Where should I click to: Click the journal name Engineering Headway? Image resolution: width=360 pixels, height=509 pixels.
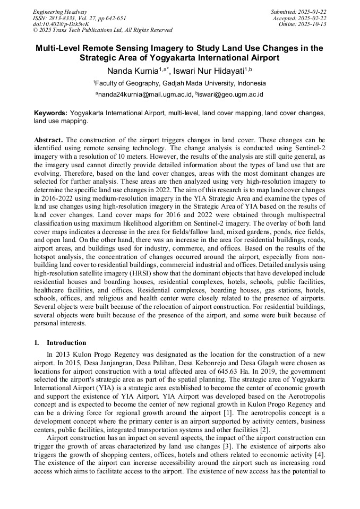pyautogui.click(x=60, y=12)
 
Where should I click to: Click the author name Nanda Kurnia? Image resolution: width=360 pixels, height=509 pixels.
pyautogui.click(x=133, y=71)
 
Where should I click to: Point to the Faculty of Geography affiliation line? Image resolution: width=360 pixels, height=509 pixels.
pyautogui.click(x=179, y=83)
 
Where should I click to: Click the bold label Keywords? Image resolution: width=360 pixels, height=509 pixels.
pyautogui.click(x=51, y=113)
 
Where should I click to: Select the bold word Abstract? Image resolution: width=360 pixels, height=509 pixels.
pyautogui.click(x=48, y=139)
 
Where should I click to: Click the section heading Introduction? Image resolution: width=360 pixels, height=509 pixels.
pyautogui.click(x=66, y=343)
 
